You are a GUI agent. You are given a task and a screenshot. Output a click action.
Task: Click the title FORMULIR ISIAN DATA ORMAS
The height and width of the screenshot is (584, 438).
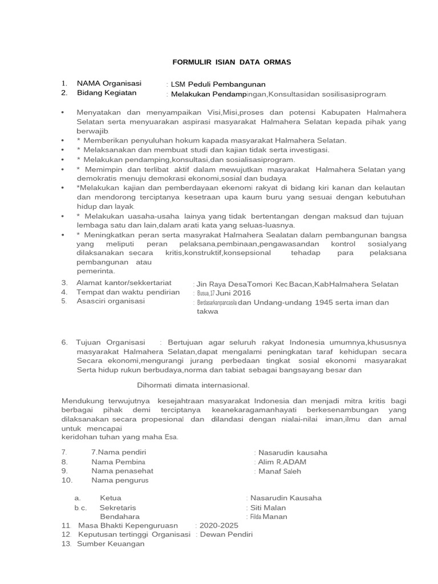click(x=218, y=62)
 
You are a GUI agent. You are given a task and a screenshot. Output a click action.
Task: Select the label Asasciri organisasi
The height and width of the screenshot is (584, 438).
click(x=111, y=301)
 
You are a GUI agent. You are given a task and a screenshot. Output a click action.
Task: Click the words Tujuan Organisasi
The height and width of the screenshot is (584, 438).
click(x=111, y=342)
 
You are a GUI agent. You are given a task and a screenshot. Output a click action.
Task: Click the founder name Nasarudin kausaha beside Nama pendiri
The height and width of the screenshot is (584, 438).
click(x=293, y=453)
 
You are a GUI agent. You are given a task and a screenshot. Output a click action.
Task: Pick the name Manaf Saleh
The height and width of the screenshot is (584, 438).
click(x=279, y=471)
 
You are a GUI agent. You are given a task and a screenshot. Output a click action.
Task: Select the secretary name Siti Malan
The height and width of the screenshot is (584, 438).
click(x=267, y=508)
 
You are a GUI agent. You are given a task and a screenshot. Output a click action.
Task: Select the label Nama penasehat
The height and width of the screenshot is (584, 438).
click(x=122, y=471)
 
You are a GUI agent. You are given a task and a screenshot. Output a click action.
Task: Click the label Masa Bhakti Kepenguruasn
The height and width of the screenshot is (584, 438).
click(x=128, y=525)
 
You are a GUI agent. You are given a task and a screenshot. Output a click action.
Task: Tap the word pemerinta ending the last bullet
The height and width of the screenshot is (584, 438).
click(x=96, y=271)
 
